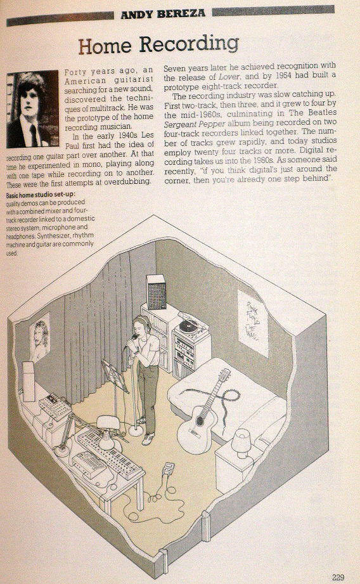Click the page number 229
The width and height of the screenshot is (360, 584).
[x=338, y=577]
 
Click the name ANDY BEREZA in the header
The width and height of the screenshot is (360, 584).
[x=163, y=14]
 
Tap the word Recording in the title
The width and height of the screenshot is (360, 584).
[x=189, y=44]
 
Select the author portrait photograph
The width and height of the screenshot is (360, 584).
[x=32, y=108]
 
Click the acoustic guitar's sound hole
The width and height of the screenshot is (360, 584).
[x=200, y=420]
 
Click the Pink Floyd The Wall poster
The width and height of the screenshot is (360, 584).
[x=253, y=323]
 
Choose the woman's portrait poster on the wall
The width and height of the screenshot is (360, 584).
[x=40, y=337]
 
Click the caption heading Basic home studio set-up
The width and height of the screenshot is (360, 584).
[x=41, y=195]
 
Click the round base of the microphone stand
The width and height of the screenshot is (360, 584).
[x=136, y=431]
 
